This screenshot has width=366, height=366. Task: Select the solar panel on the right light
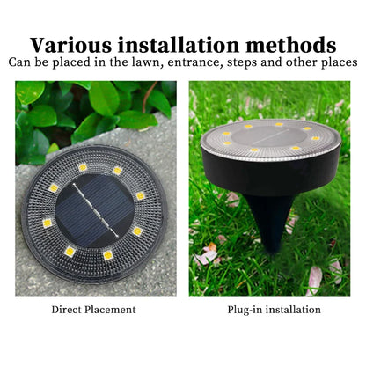pyautogui.click(x=269, y=137)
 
